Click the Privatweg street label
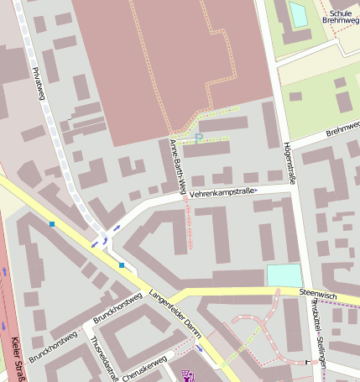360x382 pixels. [x=38, y=84]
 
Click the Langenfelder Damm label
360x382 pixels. [x=175, y=310]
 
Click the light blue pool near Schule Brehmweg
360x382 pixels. [x=298, y=13]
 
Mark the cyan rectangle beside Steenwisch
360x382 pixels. [x=284, y=275]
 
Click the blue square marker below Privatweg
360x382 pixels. [x=52, y=224]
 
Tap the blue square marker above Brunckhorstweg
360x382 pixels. [x=122, y=265]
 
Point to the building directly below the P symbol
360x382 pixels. [x=206, y=149]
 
